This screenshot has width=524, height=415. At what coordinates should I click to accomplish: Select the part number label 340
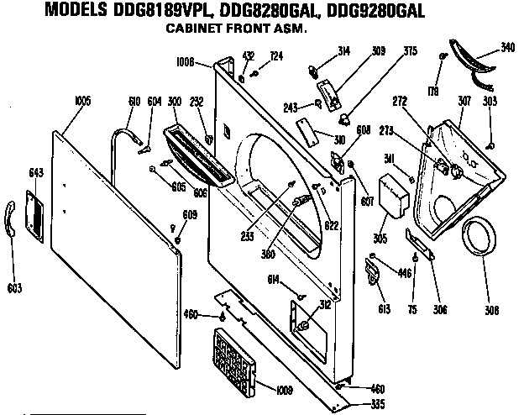pos(507,48)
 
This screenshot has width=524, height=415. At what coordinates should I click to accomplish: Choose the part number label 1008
pos(186,61)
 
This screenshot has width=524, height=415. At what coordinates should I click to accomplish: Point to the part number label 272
pos(399,102)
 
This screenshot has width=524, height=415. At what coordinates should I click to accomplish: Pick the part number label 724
pos(275,56)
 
